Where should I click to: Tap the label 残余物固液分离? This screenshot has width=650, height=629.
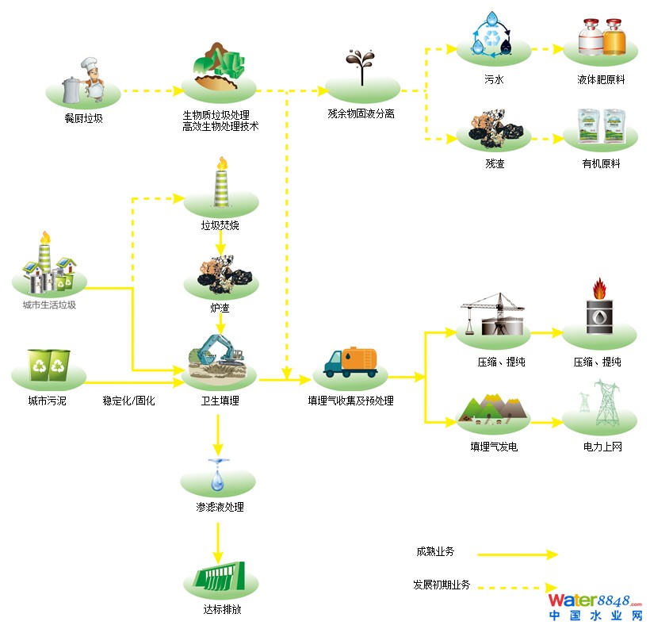(361, 114)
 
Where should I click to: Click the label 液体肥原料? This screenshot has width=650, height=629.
(601, 80)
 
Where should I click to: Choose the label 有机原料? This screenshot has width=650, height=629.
(601, 163)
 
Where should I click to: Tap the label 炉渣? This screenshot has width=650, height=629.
(220, 308)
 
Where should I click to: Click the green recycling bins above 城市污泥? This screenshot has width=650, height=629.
(49, 364)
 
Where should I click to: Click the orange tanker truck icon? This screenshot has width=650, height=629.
(350, 362)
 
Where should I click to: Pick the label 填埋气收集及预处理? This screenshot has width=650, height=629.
(350, 401)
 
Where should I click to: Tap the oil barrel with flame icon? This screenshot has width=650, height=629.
(599, 309)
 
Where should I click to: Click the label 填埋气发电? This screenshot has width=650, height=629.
(494, 447)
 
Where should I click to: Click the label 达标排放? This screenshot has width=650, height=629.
(221, 611)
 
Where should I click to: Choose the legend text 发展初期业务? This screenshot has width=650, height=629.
(442, 585)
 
